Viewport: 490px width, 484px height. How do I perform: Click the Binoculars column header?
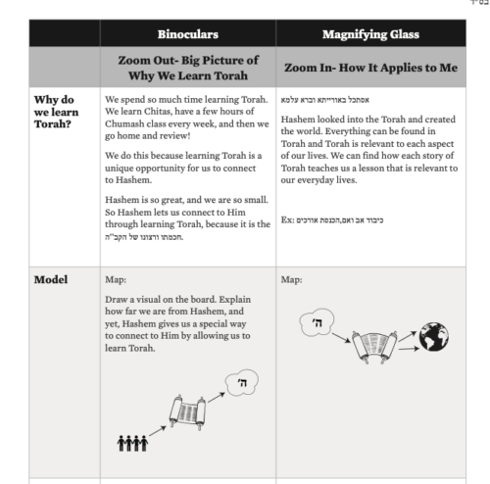(188, 34)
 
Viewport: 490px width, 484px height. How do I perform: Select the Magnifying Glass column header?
(370, 34)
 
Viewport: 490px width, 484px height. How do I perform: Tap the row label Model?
(51, 279)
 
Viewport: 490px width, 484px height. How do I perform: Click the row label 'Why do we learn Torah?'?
(56, 112)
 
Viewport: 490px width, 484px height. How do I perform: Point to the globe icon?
(434, 337)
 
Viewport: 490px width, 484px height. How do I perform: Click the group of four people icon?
(132, 443)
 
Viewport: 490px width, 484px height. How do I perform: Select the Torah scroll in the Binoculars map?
(187, 412)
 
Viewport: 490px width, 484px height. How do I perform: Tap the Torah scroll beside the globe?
(374, 347)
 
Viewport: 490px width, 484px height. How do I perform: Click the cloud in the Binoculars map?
(242, 382)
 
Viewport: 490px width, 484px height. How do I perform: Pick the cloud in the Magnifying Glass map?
(317, 322)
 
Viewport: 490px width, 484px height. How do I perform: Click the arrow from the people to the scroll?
(158, 431)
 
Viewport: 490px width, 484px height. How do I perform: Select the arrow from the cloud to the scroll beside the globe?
(341, 338)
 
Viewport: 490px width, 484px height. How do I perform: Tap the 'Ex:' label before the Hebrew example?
(288, 219)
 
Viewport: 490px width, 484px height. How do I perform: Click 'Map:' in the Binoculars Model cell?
(116, 279)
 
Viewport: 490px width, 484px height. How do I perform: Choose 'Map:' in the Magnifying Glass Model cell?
(291, 279)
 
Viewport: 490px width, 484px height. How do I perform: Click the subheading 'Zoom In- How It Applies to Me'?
(370, 68)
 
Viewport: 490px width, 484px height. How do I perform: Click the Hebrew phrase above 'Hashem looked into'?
(325, 100)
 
